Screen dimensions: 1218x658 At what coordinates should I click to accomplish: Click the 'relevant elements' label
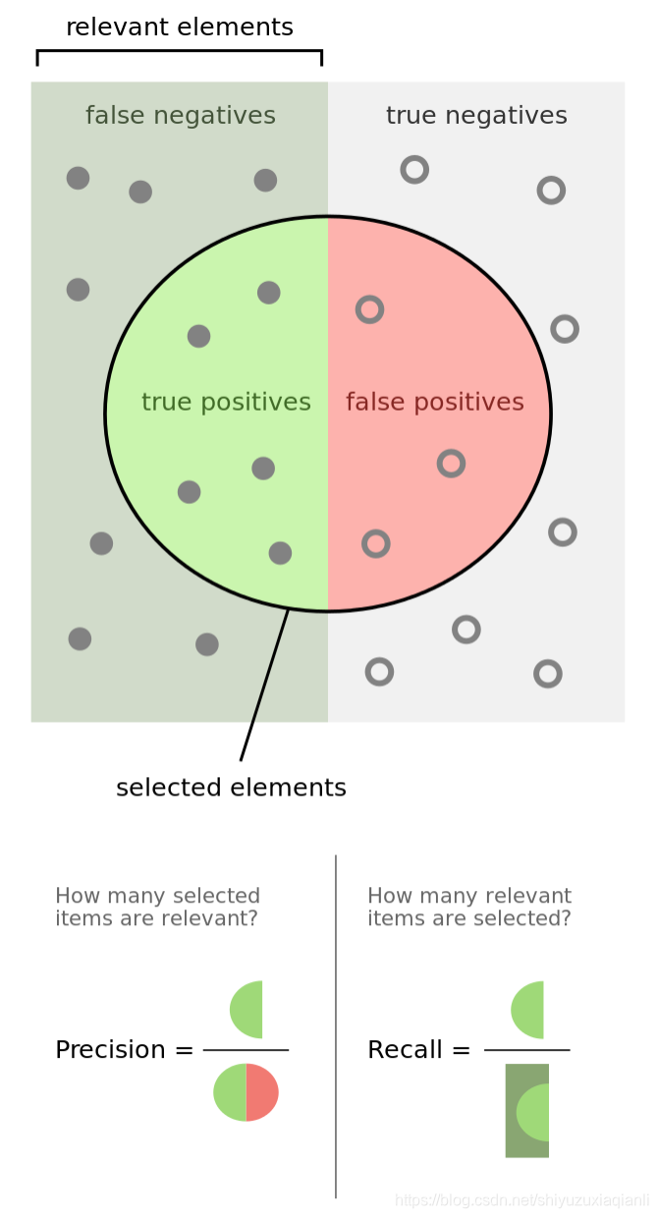coord(180,28)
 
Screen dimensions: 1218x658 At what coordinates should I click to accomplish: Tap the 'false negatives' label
coord(181,116)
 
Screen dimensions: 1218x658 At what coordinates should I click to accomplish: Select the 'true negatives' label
coord(476,116)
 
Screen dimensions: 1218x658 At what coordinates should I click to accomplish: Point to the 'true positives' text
coord(226,402)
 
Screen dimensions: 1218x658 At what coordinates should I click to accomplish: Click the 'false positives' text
coord(435,402)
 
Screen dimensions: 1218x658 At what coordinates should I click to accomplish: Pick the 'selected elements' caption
coord(231,788)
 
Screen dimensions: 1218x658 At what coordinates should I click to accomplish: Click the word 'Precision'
coord(111,1050)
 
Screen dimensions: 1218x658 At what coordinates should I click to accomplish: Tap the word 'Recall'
coord(406,1050)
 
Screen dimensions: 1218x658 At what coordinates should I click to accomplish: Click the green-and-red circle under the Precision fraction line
coord(246,1091)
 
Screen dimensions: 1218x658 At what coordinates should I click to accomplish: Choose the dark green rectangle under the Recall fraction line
coord(526,1110)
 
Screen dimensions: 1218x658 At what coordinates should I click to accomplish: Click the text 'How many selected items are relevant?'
coord(157,908)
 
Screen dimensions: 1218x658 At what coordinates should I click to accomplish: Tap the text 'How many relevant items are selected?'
coord(469,908)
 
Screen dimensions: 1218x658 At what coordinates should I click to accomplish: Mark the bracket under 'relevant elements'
coord(180,51)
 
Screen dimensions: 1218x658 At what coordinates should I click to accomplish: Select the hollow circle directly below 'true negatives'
coord(414,170)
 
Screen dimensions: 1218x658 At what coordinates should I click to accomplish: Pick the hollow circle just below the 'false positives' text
coord(451,463)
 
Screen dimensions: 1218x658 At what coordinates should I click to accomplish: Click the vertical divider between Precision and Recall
coord(336,1026)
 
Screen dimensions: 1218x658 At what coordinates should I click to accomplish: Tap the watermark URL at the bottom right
coord(521,1200)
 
